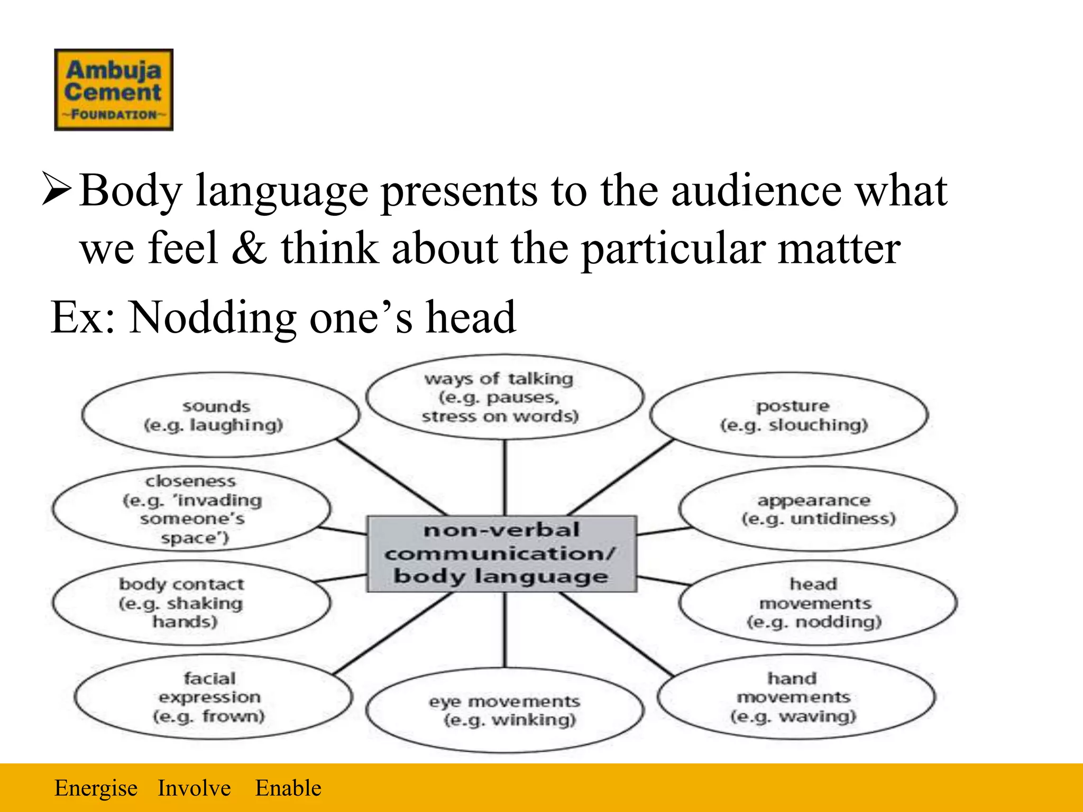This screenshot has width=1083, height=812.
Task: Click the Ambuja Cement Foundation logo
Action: tap(114, 90)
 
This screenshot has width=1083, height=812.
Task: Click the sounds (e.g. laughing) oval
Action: tap(220, 416)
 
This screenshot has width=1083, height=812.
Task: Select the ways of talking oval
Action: tap(504, 397)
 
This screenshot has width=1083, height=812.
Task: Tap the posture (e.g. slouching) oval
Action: tap(789, 415)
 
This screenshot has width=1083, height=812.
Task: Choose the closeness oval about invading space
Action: tap(191, 509)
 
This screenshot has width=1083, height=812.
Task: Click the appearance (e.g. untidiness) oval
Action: tap(818, 509)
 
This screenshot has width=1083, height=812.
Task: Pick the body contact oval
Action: tap(191, 603)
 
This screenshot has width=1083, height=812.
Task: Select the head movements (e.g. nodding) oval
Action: tap(818, 603)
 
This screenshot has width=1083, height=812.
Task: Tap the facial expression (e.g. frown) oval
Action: tap(213, 697)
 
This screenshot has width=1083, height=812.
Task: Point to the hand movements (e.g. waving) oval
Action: tap(796, 697)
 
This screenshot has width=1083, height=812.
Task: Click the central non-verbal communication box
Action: tap(502, 553)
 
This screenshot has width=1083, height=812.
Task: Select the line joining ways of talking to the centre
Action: tap(505, 477)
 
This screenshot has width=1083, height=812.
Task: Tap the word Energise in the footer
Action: tap(96, 788)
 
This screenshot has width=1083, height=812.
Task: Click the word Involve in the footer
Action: tap(194, 788)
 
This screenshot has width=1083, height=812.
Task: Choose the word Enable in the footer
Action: tap(288, 788)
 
